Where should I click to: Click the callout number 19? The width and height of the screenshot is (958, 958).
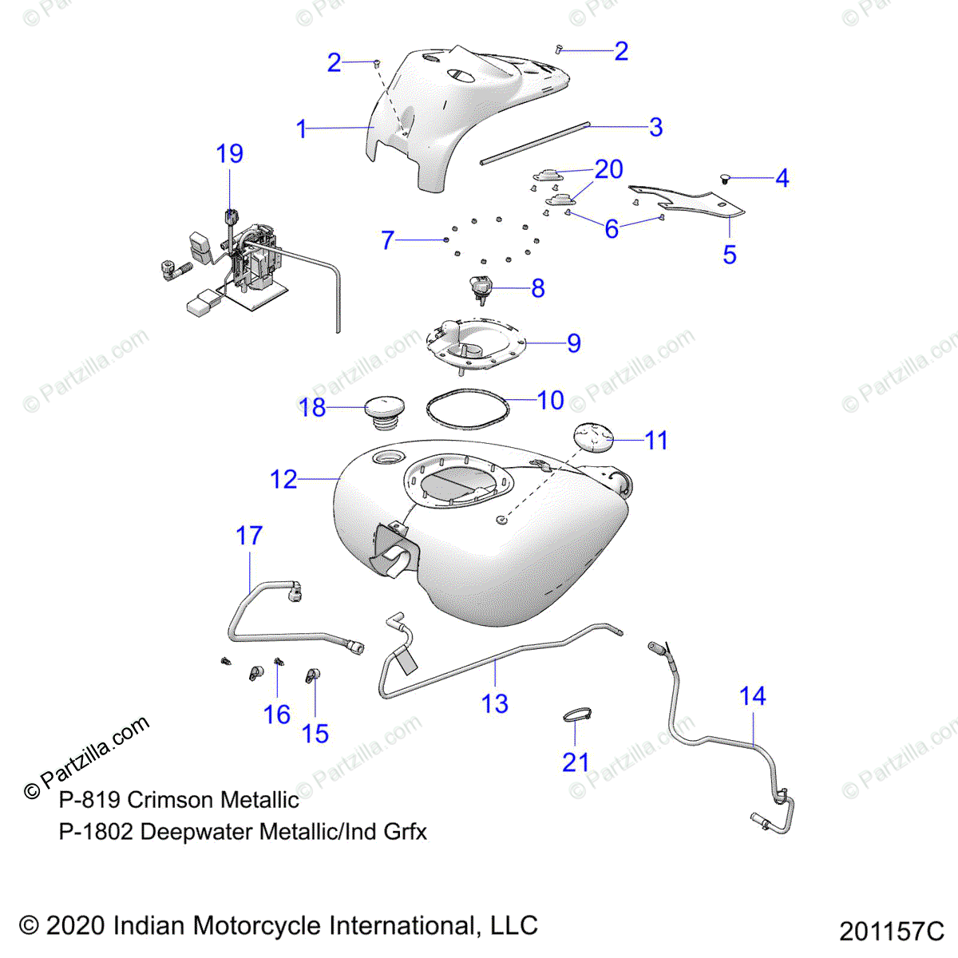pos(230,154)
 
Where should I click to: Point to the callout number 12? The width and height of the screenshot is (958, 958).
pos(283,479)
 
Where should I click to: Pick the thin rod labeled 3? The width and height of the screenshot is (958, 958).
pos(535,144)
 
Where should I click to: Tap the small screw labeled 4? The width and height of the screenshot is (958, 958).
pos(725,178)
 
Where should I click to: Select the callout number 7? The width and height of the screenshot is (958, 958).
pos(388,239)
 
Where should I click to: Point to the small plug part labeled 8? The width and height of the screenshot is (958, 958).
pos(481,288)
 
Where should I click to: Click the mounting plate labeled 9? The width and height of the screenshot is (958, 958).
pos(476,344)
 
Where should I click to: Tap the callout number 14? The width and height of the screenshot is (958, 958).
pos(752,696)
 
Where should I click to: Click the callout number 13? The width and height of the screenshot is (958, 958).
pos(495,703)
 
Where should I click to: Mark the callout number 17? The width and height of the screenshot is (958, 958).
pos(249,536)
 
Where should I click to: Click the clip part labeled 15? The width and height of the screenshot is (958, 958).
pos(311,677)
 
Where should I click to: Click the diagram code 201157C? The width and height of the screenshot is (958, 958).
pos(891,932)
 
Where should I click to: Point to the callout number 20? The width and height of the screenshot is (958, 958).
pos(608,169)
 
